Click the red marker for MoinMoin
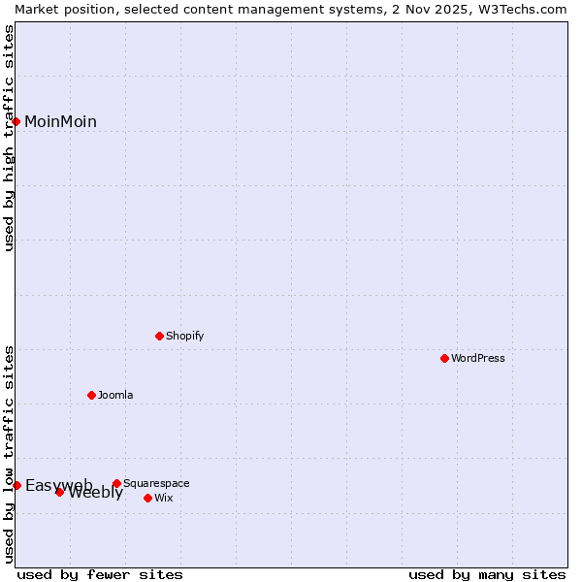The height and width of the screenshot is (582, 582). pyautogui.click(x=16, y=121)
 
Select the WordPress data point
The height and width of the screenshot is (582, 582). pyautogui.click(x=445, y=358)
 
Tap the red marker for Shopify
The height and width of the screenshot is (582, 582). pyautogui.click(x=160, y=336)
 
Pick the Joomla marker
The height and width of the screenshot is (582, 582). pyautogui.click(x=92, y=395)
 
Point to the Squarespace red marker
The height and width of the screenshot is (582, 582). pyautogui.click(x=117, y=483)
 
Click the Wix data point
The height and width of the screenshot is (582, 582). pyautogui.click(x=148, y=498)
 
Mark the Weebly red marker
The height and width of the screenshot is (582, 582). pyautogui.click(x=60, y=492)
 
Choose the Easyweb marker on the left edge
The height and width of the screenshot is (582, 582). pyautogui.click(x=16, y=485)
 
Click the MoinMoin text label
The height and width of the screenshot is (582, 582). pyautogui.click(x=60, y=121)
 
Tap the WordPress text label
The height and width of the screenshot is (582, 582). pyautogui.click(x=478, y=358)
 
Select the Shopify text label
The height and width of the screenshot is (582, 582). pyautogui.click(x=185, y=336)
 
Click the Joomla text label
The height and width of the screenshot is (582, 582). pyautogui.click(x=115, y=395)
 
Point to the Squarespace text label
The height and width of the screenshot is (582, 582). pyautogui.click(x=156, y=483)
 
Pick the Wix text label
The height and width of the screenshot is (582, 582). pyautogui.click(x=164, y=498)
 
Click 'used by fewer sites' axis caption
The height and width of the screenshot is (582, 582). pyautogui.click(x=100, y=574)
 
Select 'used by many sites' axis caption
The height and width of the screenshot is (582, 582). pyautogui.click(x=487, y=574)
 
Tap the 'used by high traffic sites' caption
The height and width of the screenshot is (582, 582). pyautogui.click(x=9, y=138)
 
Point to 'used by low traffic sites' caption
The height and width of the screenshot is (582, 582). pyautogui.click(x=9, y=453)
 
